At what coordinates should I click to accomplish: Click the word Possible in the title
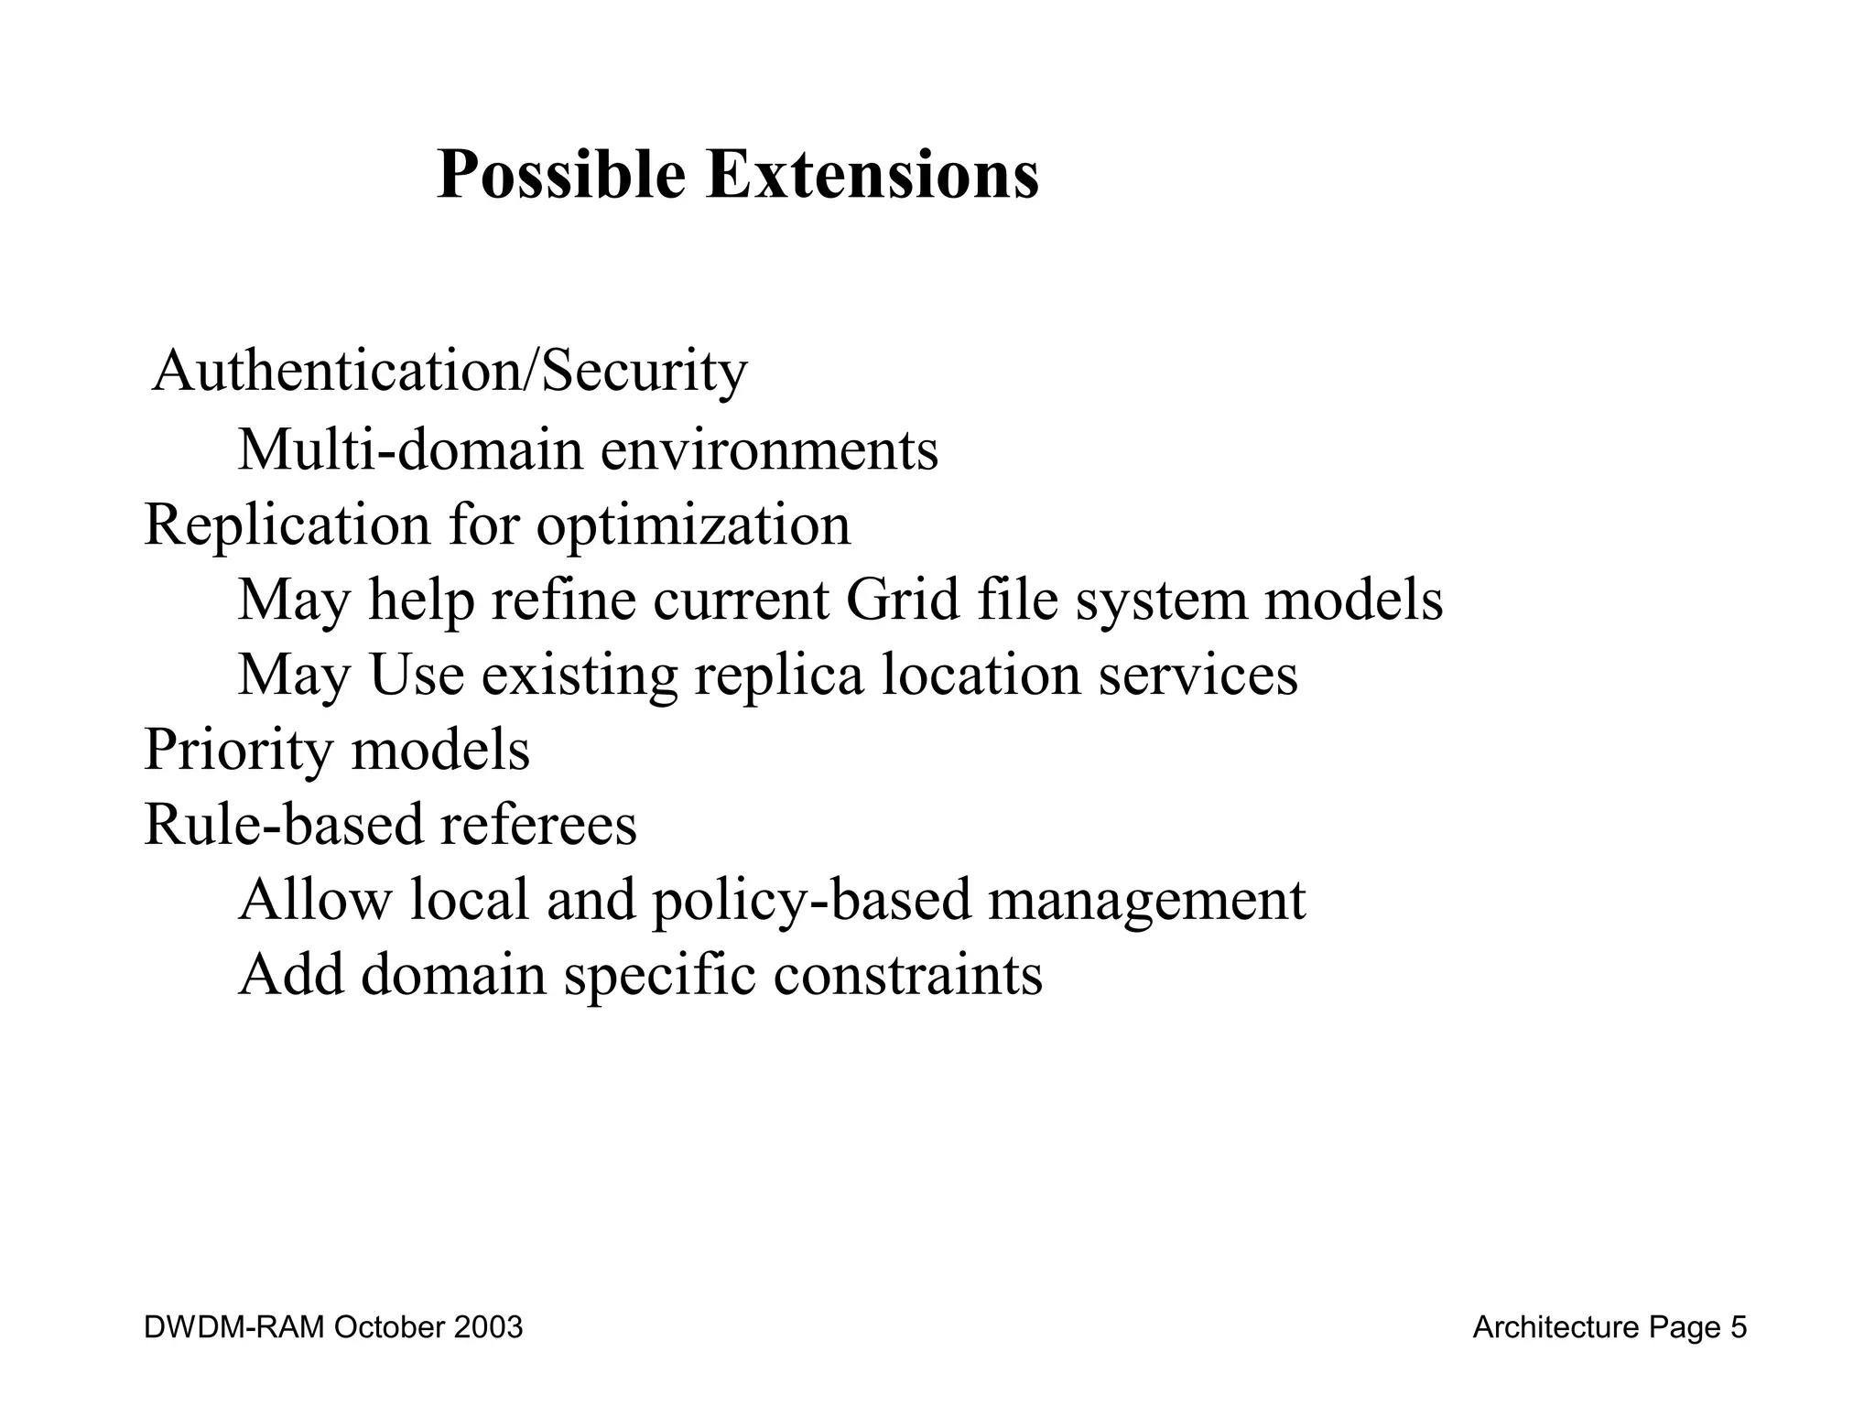pos(560,176)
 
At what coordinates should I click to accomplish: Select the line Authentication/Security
pos(450,373)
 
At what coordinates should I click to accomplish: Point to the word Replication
pos(287,526)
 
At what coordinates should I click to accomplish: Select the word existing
pos(580,676)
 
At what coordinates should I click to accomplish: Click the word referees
pos(538,824)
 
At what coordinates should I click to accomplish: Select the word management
pos(1146,901)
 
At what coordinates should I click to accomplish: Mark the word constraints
pos(907,974)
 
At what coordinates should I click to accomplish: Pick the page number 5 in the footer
pos(1738,1327)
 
